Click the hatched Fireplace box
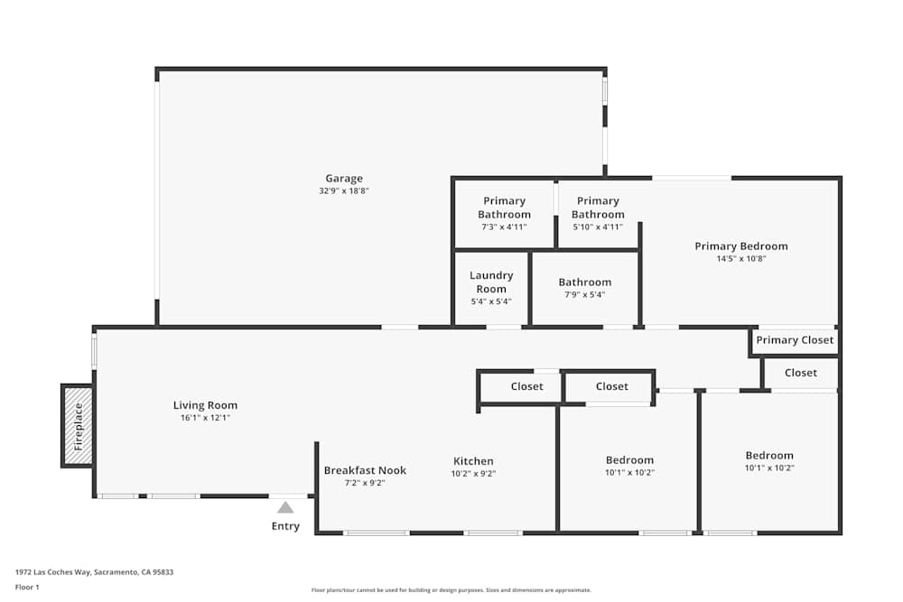point(78,426)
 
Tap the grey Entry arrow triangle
point(285,508)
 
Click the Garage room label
point(344,179)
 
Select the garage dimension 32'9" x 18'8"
point(344,191)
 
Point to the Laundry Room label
point(491,282)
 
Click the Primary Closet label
point(795,340)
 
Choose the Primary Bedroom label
point(740,246)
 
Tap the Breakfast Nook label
point(365,470)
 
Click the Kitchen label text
point(473,461)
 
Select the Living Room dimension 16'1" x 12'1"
point(206,418)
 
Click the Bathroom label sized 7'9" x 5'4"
point(584,282)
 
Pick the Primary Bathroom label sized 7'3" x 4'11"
point(504,208)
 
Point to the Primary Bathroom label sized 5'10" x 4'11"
point(598,208)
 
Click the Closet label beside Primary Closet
point(800,373)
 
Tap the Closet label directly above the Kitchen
point(526,386)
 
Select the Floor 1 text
point(27,587)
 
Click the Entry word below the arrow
point(285,526)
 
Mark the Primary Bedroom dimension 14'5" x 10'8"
point(740,259)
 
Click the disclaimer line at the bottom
point(452,590)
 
